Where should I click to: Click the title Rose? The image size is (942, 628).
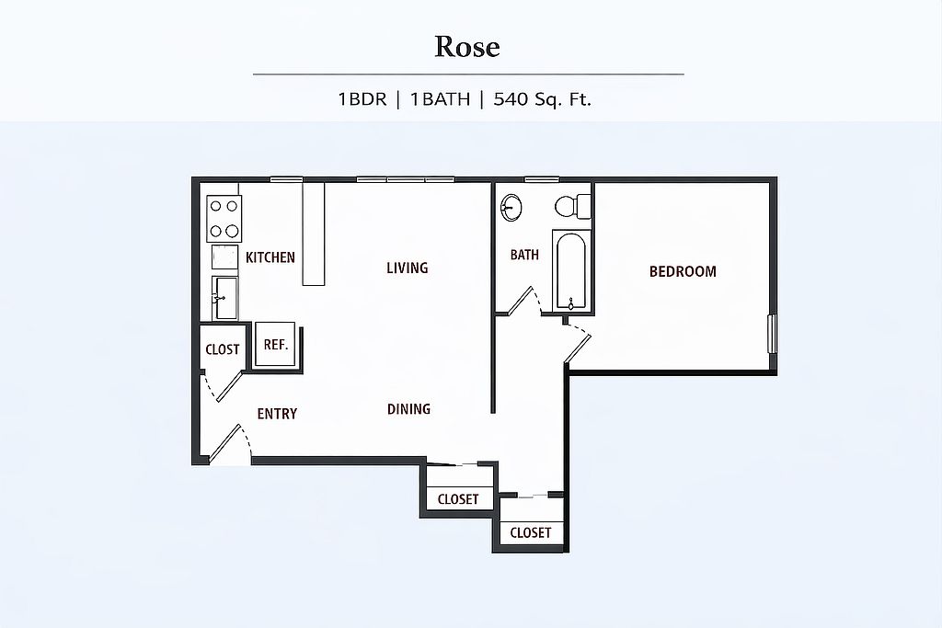[x=466, y=47]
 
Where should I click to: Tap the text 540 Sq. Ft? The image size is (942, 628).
[x=542, y=99]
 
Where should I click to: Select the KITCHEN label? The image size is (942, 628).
[x=270, y=257]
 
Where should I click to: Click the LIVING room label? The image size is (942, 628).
[x=408, y=268]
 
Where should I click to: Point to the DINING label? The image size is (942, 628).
[x=408, y=409]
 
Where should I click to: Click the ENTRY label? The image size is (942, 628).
[x=277, y=414]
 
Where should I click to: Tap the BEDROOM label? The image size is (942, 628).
[x=683, y=271]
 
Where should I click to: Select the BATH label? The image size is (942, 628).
[x=524, y=255]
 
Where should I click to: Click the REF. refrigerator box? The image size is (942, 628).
[x=275, y=344]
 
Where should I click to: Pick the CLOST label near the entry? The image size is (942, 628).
[x=223, y=349]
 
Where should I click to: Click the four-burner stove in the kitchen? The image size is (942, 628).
[x=224, y=219]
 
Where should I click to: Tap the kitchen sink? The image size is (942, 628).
[x=224, y=298]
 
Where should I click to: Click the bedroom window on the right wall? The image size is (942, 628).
[x=773, y=334]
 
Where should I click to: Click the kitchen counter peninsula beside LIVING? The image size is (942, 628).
[x=313, y=234]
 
